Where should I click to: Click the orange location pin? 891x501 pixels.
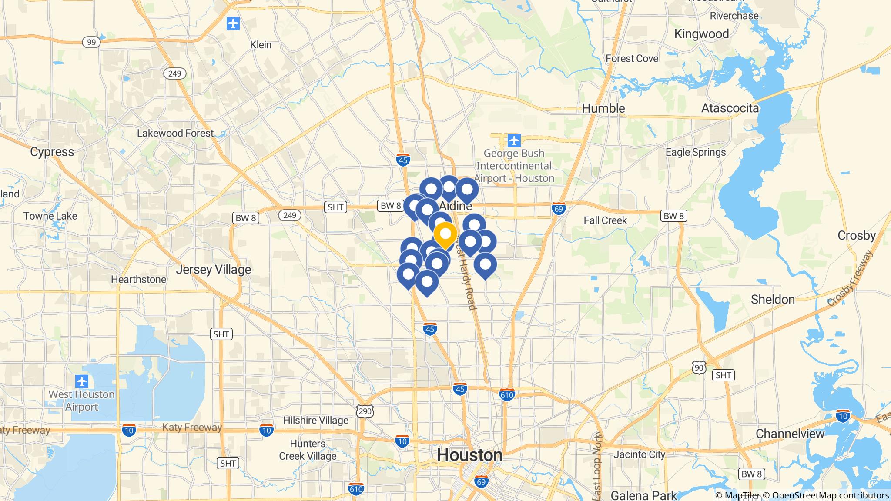click(445, 235)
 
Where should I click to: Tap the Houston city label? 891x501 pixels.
click(469, 455)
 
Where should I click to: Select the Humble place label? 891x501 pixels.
click(603, 108)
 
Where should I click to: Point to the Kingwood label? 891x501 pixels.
click(701, 34)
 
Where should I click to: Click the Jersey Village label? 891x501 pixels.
click(213, 270)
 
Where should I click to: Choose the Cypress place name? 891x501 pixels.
click(52, 152)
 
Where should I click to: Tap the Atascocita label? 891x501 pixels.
click(730, 108)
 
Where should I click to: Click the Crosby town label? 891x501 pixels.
click(856, 235)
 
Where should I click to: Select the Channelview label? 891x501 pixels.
click(790, 434)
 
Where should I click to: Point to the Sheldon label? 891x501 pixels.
click(773, 299)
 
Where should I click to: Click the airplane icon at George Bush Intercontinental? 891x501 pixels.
click(514, 141)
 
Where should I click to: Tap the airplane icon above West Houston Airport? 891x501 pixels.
click(82, 381)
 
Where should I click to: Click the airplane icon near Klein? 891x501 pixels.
click(233, 23)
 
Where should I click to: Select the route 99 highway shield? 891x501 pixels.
click(91, 42)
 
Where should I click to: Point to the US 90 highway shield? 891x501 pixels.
click(699, 368)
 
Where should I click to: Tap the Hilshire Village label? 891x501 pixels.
click(315, 420)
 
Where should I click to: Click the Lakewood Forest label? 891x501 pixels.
click(175, 133)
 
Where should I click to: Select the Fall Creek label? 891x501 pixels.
click(605, 220)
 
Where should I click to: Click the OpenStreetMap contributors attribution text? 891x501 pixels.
click(830, 495)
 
